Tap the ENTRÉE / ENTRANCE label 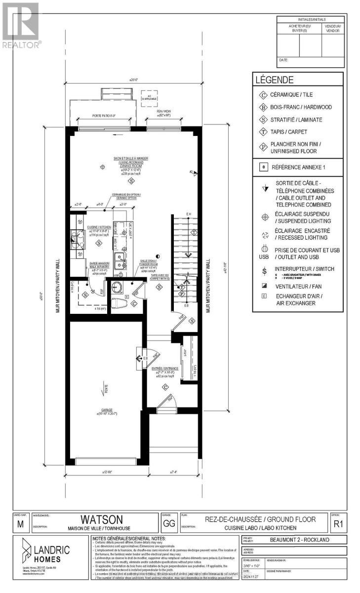164,368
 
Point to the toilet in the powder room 117,302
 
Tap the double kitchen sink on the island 119,260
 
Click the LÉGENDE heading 274,79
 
